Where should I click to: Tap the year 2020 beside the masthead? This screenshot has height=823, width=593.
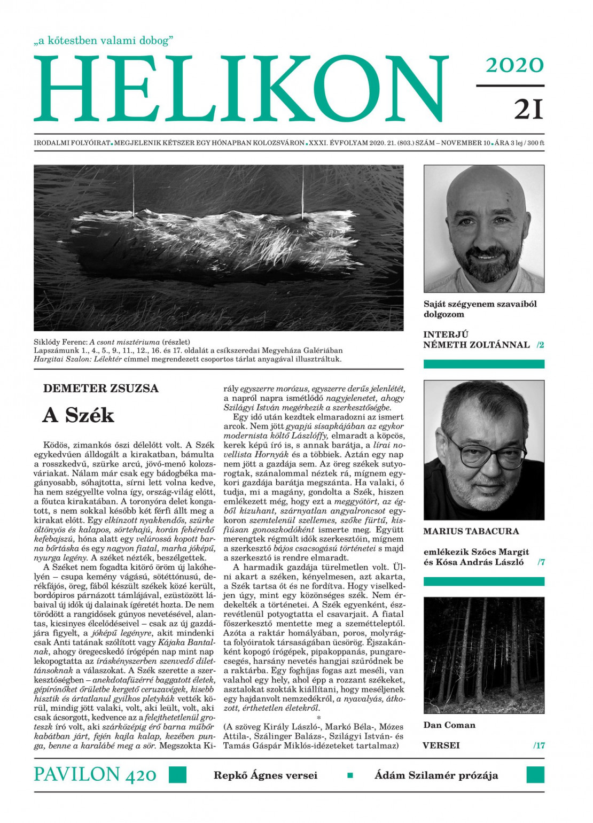(514, 65)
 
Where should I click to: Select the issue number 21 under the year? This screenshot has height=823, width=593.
(528, 109)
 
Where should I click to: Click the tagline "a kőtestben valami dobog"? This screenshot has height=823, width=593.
(104, 41)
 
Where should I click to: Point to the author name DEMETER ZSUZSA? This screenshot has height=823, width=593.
(101, 389)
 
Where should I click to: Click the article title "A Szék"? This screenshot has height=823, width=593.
(79, 415)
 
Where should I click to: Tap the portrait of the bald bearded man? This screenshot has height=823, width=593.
(483, 228)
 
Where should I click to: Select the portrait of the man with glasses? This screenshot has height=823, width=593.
(483, 449)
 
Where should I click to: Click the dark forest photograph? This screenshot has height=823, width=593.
(483, 655)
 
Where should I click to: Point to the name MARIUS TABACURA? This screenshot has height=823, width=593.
(471, 531)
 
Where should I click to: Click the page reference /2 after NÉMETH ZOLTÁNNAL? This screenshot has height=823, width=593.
(540, 345)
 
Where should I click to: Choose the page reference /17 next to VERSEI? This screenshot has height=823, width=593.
(539, 746)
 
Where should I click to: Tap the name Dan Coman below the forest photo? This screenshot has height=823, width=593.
(449, 725)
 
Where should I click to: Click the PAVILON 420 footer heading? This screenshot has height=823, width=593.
(95, 774)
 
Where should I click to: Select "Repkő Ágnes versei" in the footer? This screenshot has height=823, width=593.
(266, 775)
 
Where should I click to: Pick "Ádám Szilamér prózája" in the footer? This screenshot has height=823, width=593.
(436, 775)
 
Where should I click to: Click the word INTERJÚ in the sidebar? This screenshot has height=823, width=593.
(446, 335)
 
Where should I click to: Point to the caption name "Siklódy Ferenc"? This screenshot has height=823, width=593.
(60, 342)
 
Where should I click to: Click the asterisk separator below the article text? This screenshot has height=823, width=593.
(319, 718)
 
